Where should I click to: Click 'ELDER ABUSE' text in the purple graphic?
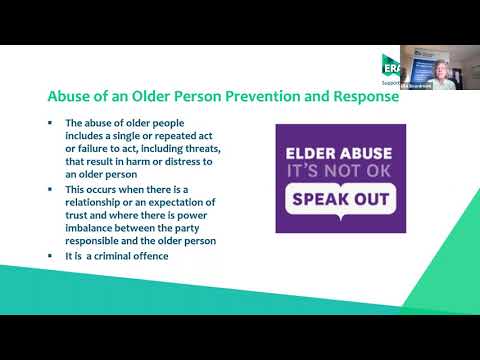[x=341, y=155]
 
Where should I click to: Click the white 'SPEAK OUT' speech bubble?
[x=340, y=200]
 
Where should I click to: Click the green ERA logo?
[x=391, y=66]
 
